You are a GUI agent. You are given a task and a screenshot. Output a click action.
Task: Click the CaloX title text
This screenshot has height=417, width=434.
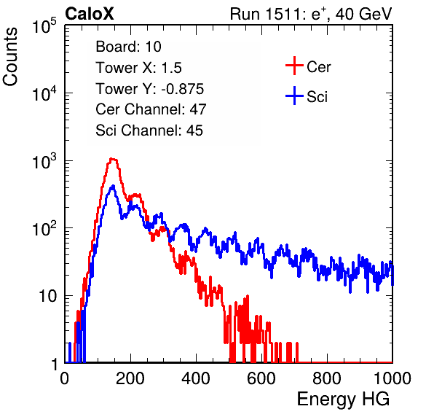pyautogui.click(x=89, y=13)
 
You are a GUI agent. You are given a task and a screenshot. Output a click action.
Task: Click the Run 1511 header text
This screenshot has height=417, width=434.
pyautogui.click(x=311, y=14)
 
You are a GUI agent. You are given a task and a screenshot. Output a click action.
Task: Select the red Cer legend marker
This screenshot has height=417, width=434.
pyautogui.click(x=294, y=66)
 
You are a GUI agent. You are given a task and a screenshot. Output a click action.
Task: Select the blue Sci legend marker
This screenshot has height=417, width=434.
pyautogui.click(x=294, y=96)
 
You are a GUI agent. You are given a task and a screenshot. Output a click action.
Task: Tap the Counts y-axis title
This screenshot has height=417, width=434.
pyautogui.click(x=10, y=57)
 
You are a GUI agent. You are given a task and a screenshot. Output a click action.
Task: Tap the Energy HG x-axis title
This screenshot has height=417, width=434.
pyautogui.click(x=343, y=400)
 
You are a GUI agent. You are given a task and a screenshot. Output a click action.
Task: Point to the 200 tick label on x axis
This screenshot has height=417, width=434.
pyautogui.click(x=130, y=378)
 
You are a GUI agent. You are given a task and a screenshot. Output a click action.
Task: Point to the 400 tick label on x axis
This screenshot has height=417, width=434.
pyautogui.click(x=196, y=378)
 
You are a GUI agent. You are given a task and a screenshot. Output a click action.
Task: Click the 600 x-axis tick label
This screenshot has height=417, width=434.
pyautogui.click(x=261, y=378)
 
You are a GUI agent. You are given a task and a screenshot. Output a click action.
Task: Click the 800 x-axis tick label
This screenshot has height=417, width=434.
pyautogui.click(x=327, y=378)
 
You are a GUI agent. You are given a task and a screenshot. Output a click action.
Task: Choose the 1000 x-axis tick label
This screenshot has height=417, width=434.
pyautogui.click(x=392, y=378)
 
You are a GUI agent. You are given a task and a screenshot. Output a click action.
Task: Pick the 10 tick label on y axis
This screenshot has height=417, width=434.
pyautogui.click(x=47, y=296)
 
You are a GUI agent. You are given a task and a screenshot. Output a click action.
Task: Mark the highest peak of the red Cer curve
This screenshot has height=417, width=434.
pyautogui.click(x=112, y=159)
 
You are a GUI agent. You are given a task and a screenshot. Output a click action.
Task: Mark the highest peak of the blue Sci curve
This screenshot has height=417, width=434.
pyautogui.click(x=113, y=187)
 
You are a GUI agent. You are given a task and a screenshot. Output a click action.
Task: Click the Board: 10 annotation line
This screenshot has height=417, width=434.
pyautogui.click(x=128, y=47)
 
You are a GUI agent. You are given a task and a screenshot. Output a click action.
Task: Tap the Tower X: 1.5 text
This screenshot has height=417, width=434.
pyautogui.click(x=138, y=68)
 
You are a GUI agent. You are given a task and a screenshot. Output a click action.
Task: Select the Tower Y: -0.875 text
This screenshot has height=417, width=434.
pyautogui.click(x=150, y=89)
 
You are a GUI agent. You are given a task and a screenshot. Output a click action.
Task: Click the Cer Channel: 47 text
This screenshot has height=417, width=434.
pyautogui.click(x=151, y=109)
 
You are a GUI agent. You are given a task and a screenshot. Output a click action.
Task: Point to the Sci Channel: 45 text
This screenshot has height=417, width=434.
pyautogui.click(x=149, y=130)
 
